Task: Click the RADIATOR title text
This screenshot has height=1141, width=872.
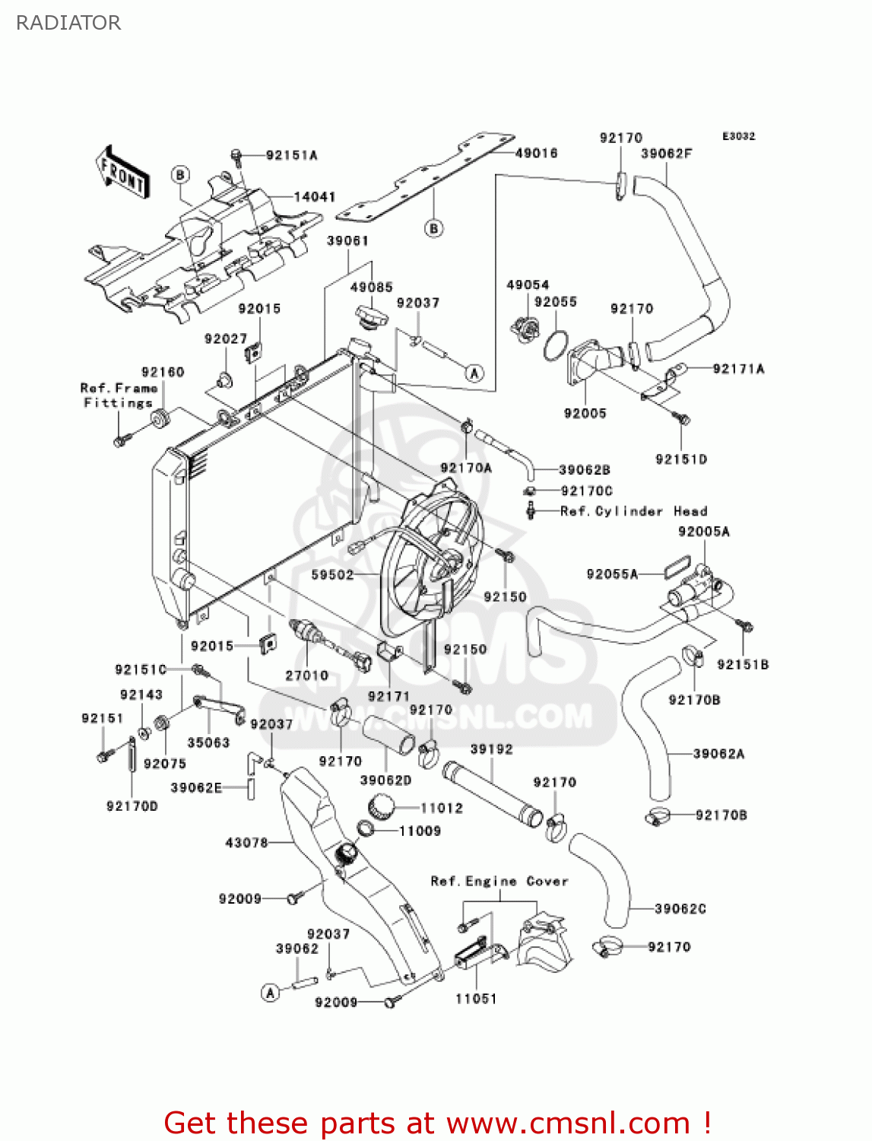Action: [x=68, y=23]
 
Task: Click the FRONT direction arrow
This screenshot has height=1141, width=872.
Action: [x=122, y=173]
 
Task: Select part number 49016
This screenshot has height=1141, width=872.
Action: [x=536, y=153]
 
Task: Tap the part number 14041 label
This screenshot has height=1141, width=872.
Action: [x=315, y=196]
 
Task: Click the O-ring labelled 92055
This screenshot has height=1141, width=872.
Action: [x=556, y=345]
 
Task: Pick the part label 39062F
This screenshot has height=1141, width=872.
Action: [x=666, y=153]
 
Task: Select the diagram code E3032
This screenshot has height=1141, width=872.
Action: [x=738, y=136]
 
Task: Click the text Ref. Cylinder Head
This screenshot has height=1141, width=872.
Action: [x=633, y=511]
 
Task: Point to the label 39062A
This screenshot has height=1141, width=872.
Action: [x=718, y=754]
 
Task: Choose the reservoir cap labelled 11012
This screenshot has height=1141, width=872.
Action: [x=381, y=806]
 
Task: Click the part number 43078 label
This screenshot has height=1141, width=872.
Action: [x=246, y=842]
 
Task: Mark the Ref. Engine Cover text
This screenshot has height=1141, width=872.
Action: [x=499, y=881]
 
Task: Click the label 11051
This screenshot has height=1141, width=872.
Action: [x=476, y=999]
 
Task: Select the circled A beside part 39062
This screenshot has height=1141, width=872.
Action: [x=270, y=993]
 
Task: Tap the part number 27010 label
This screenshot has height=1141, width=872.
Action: [x=306, y=675]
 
